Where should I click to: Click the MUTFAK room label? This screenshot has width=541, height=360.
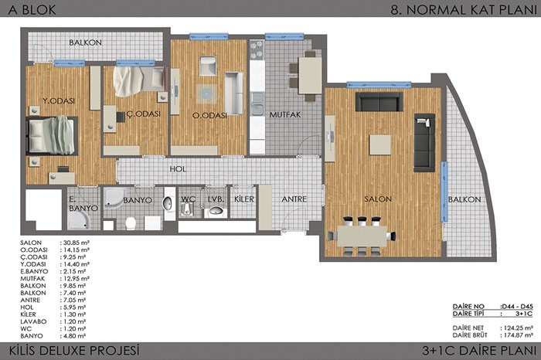(285, 114)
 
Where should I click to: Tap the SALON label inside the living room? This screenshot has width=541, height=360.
(378, 199)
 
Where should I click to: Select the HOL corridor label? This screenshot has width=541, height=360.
(178, 169)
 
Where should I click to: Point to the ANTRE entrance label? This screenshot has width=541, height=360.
(294, 199)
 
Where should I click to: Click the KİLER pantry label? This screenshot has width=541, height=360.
(244, 199)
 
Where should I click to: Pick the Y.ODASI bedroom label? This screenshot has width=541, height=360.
(59, 101)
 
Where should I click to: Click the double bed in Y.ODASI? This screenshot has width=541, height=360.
(52, 135)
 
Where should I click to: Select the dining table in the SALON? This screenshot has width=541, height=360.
(362, 236)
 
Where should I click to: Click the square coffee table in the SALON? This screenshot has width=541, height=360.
(380, 144)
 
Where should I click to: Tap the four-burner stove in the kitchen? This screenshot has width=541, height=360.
(257, 50)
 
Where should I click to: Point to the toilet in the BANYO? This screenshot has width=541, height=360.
(131, 223)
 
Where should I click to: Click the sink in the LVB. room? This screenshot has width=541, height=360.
(216, 210)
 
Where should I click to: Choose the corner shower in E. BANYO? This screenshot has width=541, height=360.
(79, 220)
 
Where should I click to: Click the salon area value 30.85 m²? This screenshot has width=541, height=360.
(75, 243)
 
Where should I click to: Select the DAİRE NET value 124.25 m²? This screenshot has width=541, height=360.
(516, 328)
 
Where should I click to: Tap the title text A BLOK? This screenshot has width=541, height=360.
(32, 9)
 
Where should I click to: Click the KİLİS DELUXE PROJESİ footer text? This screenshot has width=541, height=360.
(74, 351)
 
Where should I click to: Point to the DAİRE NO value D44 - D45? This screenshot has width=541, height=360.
(516, 306)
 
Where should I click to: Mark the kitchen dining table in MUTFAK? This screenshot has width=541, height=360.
(310, 76)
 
